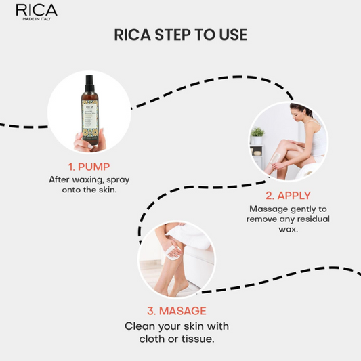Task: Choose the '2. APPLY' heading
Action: click(287, 196)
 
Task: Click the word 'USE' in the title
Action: click(230, 35)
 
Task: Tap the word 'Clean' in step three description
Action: click(140, 325)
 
